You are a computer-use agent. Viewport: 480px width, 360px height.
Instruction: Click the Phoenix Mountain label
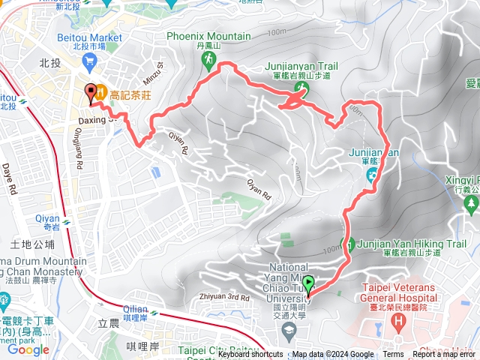tap(208, 36)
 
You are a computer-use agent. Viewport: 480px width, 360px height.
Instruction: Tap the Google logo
tap(28, 349)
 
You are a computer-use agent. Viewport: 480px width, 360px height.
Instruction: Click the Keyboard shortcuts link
tap(250, 355)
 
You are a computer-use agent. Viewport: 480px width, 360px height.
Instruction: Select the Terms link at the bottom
tap(393, 355)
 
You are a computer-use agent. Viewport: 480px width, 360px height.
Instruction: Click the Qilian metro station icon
tap(155, 312)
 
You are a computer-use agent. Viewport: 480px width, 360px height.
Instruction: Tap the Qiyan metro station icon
tap(67, 222)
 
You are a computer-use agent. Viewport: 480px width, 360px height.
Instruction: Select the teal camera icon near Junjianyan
tap(373, 175)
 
